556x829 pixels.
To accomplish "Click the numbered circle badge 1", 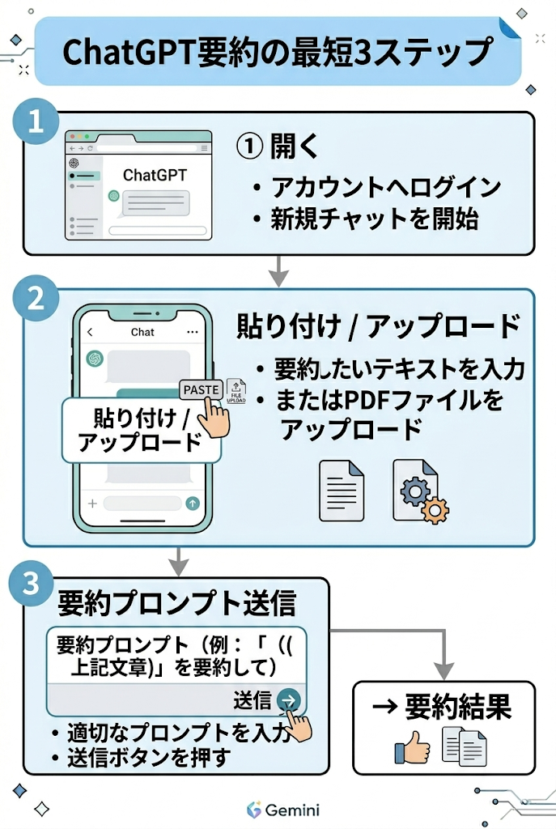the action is pyautogui.click(x=36, y=121).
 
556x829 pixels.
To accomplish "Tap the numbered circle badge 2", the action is pyautogui.click(x=36, y=298).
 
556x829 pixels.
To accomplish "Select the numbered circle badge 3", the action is pyautogui.click(x=32, y=583).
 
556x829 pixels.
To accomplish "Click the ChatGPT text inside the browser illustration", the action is pyautogui.click(x=155, y=175).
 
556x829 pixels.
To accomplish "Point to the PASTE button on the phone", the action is pyautogui.click(x=201, y=389).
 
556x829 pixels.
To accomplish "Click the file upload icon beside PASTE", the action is pyautogui.click(x=236, y=391).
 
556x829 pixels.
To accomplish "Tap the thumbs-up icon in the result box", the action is pyautogui.click(x=412, y=747).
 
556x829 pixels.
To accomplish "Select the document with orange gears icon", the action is pyautogui.click(x=420, y=491).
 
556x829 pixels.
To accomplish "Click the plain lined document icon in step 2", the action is pyautogui.click(x=342, y=491).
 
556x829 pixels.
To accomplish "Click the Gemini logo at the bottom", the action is pyautogui.click(x=282, y=810).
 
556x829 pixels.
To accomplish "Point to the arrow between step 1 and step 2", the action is pyautogui.click(x=278, y=271).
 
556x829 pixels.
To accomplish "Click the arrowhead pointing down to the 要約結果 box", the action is pyautogui.click(x=444, y=670).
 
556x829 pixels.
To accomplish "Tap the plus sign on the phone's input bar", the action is pyautogui.click(x=92, y=504).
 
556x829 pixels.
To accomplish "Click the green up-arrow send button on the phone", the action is pyautogui.click(x=193, y=504).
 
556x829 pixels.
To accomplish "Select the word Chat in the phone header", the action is pyautogui.click(x=142, y=332).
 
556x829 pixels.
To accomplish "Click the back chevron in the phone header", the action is pyautogui.click(x=90, y=332).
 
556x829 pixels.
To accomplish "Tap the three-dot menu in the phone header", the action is pyautogui.click(x=193, y=332).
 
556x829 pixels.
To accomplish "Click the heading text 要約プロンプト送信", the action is pyautogui.click(x=176, y=603).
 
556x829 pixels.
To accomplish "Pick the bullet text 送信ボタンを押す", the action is pyautogui.click(x=149, y=758).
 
